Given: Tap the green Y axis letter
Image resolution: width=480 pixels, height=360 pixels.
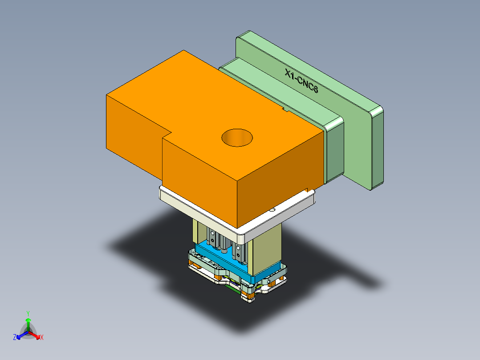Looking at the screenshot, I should click(x=28, y=313).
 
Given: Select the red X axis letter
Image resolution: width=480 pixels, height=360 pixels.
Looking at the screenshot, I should click(x=42, y=338).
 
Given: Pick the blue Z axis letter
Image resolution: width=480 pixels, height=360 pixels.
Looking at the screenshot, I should click(x=15, y=338).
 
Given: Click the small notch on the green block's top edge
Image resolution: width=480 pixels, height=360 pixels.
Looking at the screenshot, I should click(x=284, y=108).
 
